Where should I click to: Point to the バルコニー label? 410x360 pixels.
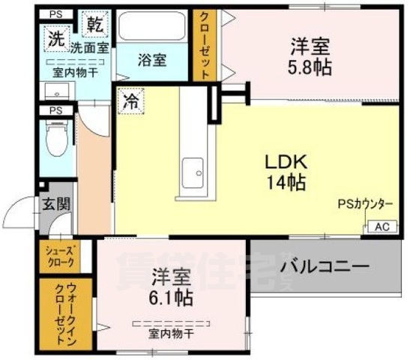pos(325,267)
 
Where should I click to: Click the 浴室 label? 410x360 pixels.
pos(152,60)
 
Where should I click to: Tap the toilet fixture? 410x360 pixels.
pos(56,139)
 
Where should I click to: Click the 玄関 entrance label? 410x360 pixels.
pos(53,203)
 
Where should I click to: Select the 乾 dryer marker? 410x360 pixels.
pos(94,24)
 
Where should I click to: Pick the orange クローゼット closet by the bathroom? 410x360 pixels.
pos(203,45)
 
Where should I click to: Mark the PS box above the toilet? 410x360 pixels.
pos(55,111)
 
